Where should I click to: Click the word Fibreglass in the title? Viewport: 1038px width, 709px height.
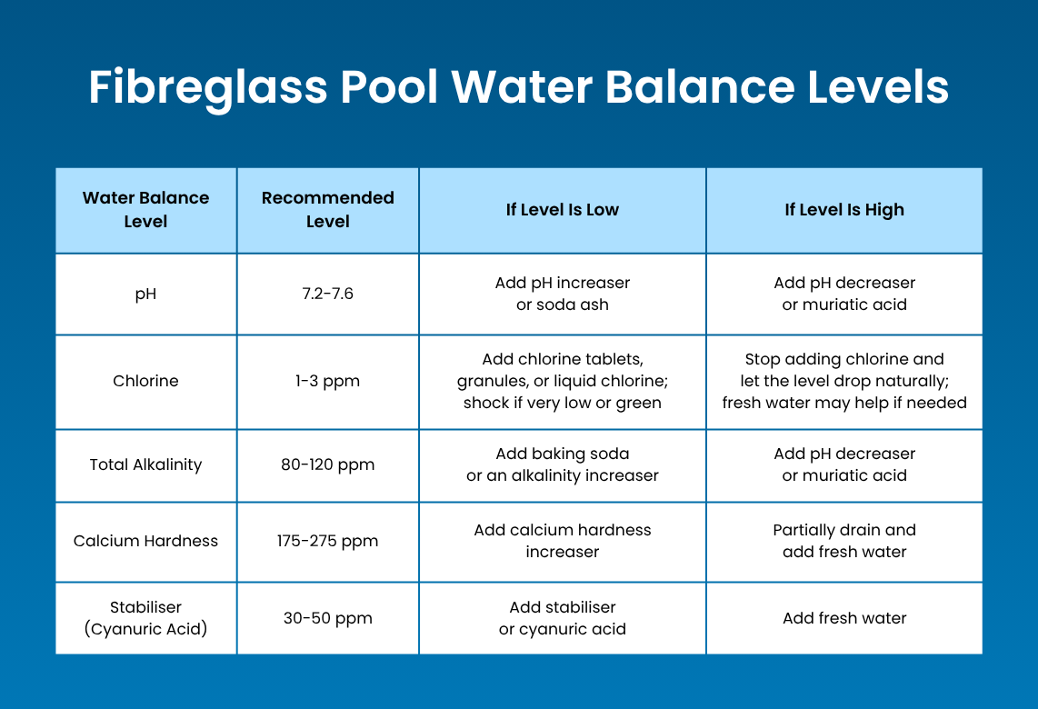click(208, 88)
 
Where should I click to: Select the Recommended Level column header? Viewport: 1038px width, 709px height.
click(328, 210)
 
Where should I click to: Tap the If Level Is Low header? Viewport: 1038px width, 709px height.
click(563, 210)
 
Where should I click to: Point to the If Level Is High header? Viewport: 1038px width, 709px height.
click(844, 210)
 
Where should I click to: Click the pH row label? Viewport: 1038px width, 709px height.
click(145, 295)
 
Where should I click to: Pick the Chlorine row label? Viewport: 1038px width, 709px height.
click(145, 381)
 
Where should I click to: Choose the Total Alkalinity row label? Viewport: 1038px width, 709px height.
click(145, 464)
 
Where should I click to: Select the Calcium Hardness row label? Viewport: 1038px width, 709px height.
click(145, 541)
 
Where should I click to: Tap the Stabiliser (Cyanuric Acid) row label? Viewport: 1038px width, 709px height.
click(145, 618)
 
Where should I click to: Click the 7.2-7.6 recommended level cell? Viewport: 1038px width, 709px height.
click(328, 295)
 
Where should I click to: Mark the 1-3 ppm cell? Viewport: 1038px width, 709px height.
click(328, 381)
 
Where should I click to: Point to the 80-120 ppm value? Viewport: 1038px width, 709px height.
click(328, 464)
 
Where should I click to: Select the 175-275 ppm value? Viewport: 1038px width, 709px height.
click(328, 541)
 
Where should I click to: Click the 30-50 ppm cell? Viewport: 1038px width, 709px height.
click(328, 618)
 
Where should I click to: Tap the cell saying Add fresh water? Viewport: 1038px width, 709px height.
click(844, 618)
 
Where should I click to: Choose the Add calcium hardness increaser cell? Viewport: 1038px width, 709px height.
click(563, 541)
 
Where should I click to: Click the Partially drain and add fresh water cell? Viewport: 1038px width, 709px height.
click(844, 541)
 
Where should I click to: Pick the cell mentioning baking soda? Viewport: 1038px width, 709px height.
click(563, 464)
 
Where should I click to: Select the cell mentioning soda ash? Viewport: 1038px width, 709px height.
click(563, 295)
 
